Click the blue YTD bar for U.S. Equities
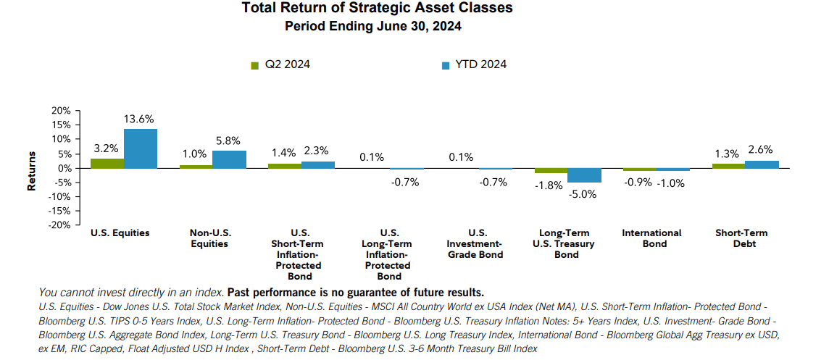click(x=140, y=148)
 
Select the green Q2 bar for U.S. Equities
click(x=107, y=163)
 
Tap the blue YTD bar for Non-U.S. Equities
click(x=229, y=159)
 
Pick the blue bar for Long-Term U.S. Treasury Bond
click(x=584, y=175)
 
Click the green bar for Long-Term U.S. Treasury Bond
click(x=551, y=171)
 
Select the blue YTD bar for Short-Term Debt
click(x=762, y=164)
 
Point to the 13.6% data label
click(x=139, y=119)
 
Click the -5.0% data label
click(x=583, y=193)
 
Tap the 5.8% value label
click(x=228, y=141)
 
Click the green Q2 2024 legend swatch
click(x=254, y=65)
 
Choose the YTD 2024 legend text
click(x=480, y=64)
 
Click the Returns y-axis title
click(x=32, y=171)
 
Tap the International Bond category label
click(x=651, y=238)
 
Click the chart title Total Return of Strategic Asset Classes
click(x=377, y=9)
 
